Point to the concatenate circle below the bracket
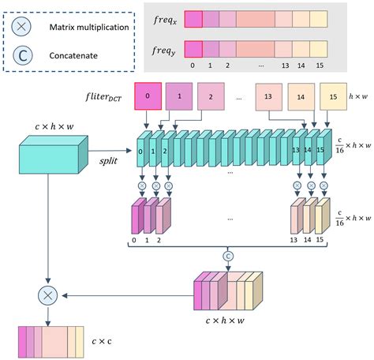tap(228, 257)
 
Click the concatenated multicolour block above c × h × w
tap(230, 292)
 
